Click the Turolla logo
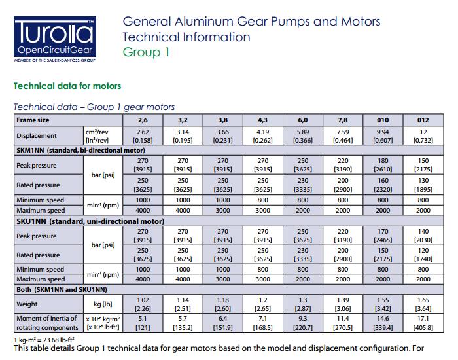54,37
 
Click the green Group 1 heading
146,52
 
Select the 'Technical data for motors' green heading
67,86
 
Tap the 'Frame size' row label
33,120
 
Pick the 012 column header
423,120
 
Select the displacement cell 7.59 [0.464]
342,135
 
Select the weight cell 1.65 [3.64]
423,304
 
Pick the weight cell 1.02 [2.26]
142,304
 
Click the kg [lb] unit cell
101,304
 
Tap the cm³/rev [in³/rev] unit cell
101,135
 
